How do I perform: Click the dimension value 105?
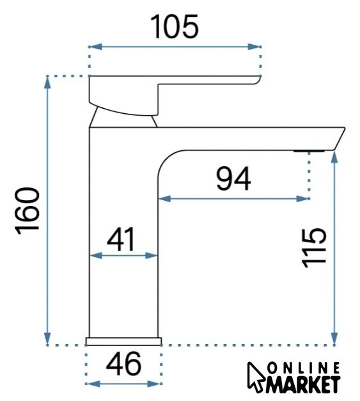pos(175,26)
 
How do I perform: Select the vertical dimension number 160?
pos(27,210)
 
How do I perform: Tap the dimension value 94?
pos(233,178)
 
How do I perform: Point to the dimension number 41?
pos(121,239)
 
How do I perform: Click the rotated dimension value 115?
pos(314,248)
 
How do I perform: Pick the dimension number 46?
pos(123,363)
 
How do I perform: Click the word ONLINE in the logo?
pos(304,368)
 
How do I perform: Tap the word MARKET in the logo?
pos(302,384)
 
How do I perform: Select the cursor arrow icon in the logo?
pos(256,377)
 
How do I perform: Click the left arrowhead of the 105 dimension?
pos(95,47)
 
